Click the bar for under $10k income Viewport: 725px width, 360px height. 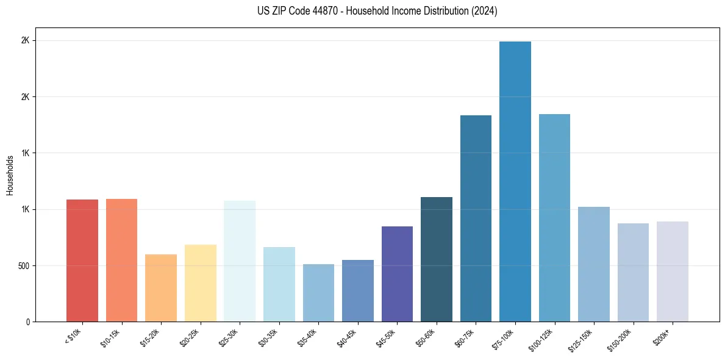[82, 261]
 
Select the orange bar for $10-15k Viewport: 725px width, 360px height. [121, 260]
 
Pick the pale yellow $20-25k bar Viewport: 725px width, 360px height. [201, 283]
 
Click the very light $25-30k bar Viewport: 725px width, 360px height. [240, 261]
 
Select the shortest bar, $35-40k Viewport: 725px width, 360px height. [318, 293]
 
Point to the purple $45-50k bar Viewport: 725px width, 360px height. [397, 274]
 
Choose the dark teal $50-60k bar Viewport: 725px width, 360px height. [437, 259]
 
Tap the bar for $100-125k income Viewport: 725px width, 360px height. [554, 218]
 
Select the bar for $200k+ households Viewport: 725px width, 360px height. [673, 272]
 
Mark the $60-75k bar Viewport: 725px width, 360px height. [476, 218]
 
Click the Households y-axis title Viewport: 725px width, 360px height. [10, 175]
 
